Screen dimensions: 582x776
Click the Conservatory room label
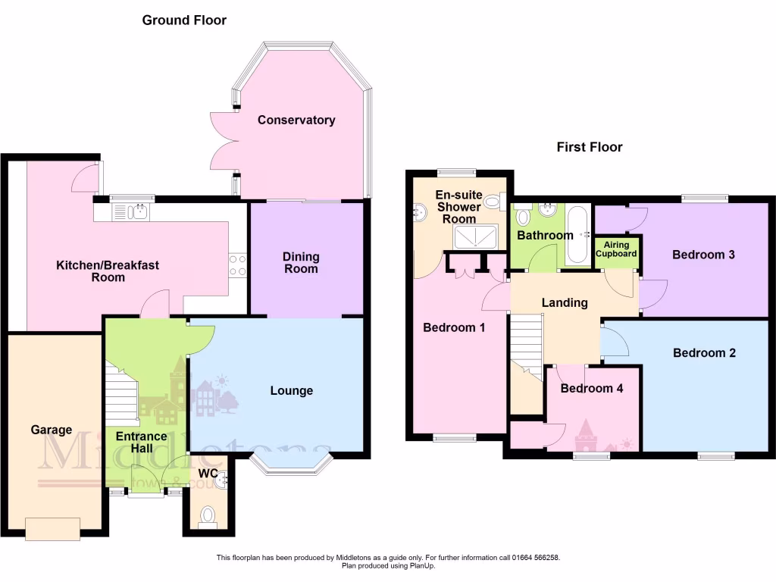296,120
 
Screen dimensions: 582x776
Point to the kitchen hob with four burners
237,264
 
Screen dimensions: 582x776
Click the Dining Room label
301,263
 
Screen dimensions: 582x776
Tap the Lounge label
292,390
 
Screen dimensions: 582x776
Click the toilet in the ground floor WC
208,517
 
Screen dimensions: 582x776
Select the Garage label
51,430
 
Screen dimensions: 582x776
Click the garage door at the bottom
52,528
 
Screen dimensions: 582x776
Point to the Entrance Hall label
141,442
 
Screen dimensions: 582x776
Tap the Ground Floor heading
184,20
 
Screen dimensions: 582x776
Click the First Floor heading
589,147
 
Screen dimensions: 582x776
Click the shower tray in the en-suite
475,238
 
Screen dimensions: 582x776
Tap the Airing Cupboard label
616,249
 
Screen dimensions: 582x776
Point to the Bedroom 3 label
703,255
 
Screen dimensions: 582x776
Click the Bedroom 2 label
704,352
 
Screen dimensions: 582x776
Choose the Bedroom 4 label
591,388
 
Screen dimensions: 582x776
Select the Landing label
565,302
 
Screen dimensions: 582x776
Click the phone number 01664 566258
535,558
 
